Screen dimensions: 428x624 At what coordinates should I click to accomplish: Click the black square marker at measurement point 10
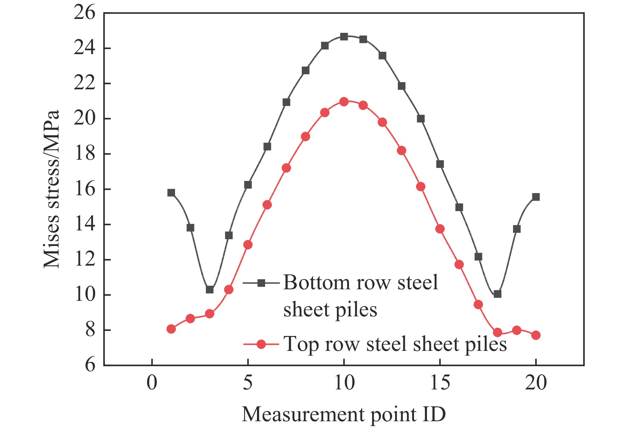coord(344,37)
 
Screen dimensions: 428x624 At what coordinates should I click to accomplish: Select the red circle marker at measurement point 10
coord(344,102)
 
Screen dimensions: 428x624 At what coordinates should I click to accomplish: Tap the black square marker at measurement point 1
coord(171,193)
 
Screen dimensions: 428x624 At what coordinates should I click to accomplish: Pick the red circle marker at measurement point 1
coord(171,329)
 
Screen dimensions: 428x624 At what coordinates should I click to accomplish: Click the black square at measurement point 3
coord(210,290)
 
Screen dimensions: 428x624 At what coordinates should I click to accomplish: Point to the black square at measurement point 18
coord(497,294)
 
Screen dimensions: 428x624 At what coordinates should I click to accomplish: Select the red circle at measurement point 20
coord(536,335)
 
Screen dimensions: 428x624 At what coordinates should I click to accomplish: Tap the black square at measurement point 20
coord(536,197)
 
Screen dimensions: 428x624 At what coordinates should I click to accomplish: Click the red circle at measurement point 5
coord(248,245)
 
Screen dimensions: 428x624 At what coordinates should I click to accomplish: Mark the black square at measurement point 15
coord(440,164)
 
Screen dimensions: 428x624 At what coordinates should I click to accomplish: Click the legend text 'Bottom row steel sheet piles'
coord(361,296)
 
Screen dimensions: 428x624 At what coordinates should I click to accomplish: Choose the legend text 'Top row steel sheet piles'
coord(395,344)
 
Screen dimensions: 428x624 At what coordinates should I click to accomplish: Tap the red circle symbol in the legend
coord(261,344)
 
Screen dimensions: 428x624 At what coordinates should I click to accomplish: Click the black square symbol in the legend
coord(261,283)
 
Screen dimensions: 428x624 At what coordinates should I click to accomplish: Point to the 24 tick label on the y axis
coord(85,48)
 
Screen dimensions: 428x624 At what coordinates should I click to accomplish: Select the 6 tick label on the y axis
coord(90,365)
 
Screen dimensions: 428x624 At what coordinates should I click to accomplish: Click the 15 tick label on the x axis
coord(440,383)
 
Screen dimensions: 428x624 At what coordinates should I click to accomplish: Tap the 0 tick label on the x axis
coord(152,383)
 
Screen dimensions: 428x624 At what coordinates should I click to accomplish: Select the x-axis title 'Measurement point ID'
coord(344,414)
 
